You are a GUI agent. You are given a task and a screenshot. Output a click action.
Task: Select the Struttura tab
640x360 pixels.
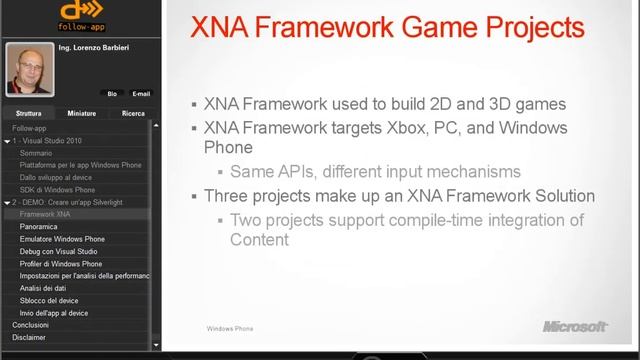tap(29, 114)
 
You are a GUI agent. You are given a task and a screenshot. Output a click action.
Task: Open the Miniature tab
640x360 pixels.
tap(82, 114)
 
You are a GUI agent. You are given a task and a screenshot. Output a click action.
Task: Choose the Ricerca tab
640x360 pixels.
tap(133, 114)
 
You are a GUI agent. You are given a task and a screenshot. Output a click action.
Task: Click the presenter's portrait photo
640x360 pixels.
tap(29, 70)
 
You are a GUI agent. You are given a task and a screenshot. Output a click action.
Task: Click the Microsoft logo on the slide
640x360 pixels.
tap(575, 326)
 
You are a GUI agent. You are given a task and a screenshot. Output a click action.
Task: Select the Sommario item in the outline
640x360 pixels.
tap(35, 153)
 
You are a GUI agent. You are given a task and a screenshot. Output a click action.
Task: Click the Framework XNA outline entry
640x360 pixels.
tap(44, 214)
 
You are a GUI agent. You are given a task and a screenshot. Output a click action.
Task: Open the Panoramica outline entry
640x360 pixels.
tap(38, 227)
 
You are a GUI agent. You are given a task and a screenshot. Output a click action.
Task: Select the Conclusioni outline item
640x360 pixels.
tap(30, 324)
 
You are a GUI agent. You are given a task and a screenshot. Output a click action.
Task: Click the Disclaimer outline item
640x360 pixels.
tap(29, 337)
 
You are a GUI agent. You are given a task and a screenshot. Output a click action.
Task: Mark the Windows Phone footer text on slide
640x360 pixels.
tap(230, 328)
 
